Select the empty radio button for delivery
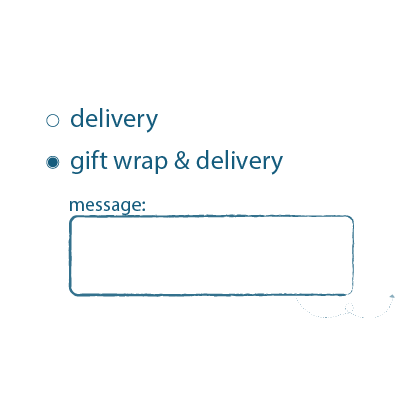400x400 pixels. pyautogui.click(x=52, y=121)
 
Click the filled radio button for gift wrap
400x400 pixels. pyautogui.click(x=52, y=162)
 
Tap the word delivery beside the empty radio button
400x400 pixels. pyautogui.click(x=114, y=119)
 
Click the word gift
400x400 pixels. pyautogui.click(x=89, y=161)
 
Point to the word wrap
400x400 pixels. pyautogui.click(x=140, y=163)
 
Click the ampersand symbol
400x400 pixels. pyautogui.click(x=182, y=160)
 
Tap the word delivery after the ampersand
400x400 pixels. pyautogui.click(x=239, y=161)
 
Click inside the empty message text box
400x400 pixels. pyautogui.click(x=211, y=255)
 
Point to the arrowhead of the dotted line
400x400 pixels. pyautogui.click(x=392, y=296)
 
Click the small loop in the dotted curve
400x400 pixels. pyautogui.click(x=349, y=308)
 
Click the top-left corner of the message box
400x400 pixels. pyautogui.click(x=70, y=217)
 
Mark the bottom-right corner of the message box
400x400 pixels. pyautogui.click(x=353, y=295)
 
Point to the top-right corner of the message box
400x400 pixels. pyautogui.click(x=353, y=217)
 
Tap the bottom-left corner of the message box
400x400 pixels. pyautogui.click(x=70, y=295)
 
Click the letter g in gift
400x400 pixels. pyautogui.click(x=77, y=164)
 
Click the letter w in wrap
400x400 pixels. pyautogui.click(x=125, y=162)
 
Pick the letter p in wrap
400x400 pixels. pyautogui.click(x=161, y=164)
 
